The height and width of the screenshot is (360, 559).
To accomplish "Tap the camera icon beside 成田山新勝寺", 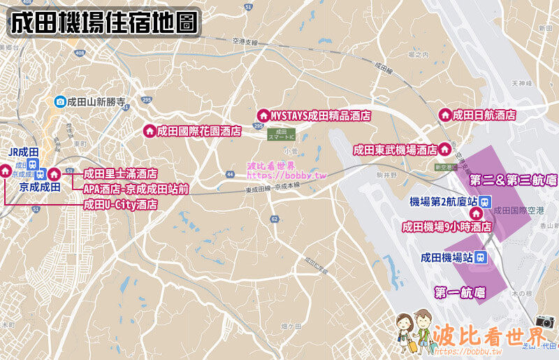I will click(x=61, y=102).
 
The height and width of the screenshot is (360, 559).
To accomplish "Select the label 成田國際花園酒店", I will click(x=199, y=131).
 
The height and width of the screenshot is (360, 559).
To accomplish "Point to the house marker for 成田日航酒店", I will click(x=444, y=115).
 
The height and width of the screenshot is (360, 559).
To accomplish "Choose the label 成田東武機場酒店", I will click(x=395, y=150).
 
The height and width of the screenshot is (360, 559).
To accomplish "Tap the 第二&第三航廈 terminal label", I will click(x=513, y=180).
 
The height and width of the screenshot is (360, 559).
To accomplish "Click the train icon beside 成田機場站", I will click(x=481, y=257).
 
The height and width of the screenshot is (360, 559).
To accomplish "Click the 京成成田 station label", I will click(x=39, y=187).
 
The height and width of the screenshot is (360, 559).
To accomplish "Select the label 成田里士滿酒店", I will click(x=120, y=174).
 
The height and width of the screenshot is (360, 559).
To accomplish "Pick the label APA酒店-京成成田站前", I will click(x=136, y=189).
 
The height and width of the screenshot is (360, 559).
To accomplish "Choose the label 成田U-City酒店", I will click(x=120, y=205).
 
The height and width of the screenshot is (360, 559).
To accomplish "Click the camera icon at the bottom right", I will click(x=545, y=322).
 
